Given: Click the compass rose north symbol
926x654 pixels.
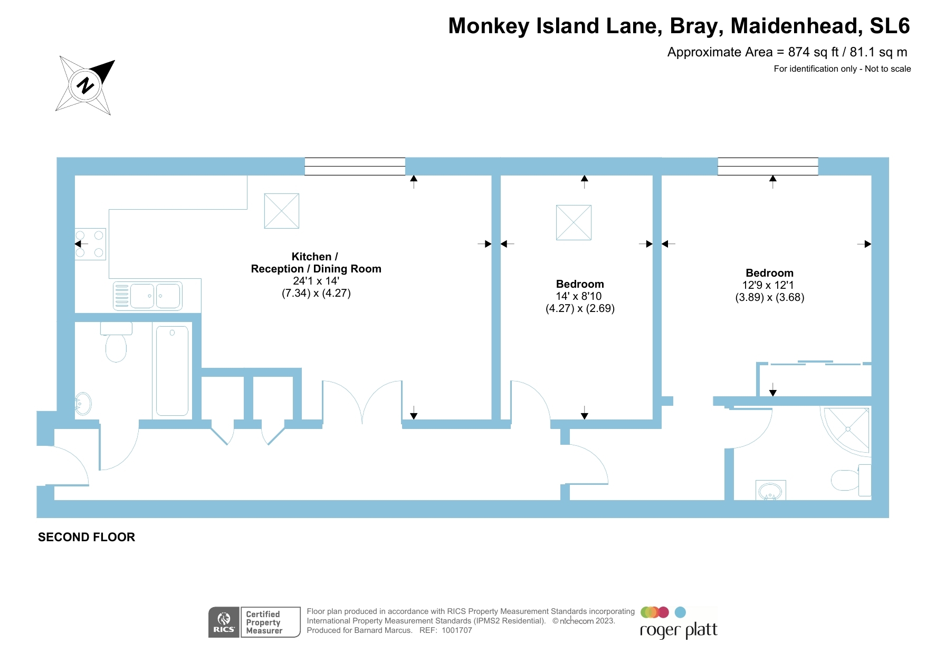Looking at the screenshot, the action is coord(85,85).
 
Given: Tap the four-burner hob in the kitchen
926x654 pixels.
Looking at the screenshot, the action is coord(90,244).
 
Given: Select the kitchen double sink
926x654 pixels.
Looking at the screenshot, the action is coord(148,296).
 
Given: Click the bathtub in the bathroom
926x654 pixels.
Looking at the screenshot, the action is coord(172,370).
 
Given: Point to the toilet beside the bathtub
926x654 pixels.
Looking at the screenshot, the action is coord(116,345).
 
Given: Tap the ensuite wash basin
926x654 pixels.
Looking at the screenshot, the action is coord(770,491).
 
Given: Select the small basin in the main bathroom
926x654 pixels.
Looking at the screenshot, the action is coord(83,404).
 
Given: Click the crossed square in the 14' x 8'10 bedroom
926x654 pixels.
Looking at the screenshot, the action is coord(574,222).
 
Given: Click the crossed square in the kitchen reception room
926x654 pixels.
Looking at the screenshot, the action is coord(281,211).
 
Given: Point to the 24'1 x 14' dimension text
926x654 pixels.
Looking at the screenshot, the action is coord(316,281).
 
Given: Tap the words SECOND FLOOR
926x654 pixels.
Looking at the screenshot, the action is coord(87,537).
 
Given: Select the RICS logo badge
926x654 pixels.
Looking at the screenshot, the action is coord(224,622).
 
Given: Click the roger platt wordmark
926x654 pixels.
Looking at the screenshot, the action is coord(679,630).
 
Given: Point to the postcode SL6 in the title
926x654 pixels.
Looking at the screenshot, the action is coord(890,26).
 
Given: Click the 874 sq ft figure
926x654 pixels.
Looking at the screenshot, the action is coord(813,52).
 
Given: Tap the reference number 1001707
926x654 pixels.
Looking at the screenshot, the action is coord(456,630).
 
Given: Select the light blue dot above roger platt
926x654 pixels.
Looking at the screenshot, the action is coord(680,612).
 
